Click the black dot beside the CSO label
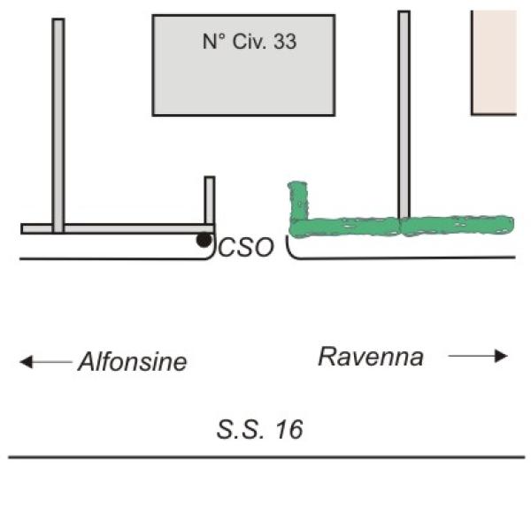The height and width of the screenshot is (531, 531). [x=204, y=240]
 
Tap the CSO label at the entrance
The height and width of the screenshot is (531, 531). [x=246, y=247]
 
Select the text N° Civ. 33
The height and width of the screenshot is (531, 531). [x=250, y=42]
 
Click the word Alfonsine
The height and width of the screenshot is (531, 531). [x=133, y=362]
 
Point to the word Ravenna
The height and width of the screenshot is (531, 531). [x=371, y=357]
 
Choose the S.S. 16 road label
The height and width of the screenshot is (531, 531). [x=259, y=429]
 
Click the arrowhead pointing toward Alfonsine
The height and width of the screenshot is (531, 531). [x=26, y=362]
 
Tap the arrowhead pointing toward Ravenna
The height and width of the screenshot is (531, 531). [x=501, y=356]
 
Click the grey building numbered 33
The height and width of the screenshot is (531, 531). [x=244, y=65]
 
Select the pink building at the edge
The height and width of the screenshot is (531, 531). [x=494, y=63]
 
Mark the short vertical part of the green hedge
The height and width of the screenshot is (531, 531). [x=298, y=201]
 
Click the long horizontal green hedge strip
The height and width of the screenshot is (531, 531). [x=402, y=226]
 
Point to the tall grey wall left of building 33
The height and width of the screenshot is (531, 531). [x=58, y=126]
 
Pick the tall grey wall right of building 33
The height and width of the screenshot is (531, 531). [x=404, y=115]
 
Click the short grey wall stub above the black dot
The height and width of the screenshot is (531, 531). [x=210, y=200]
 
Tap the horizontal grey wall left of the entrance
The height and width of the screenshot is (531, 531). [x=118, y=228]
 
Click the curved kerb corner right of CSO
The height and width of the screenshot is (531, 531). [x=291, y=250]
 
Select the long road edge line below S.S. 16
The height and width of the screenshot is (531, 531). [x=267, y=458]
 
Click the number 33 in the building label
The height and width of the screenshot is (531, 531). [x=285, y=42]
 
